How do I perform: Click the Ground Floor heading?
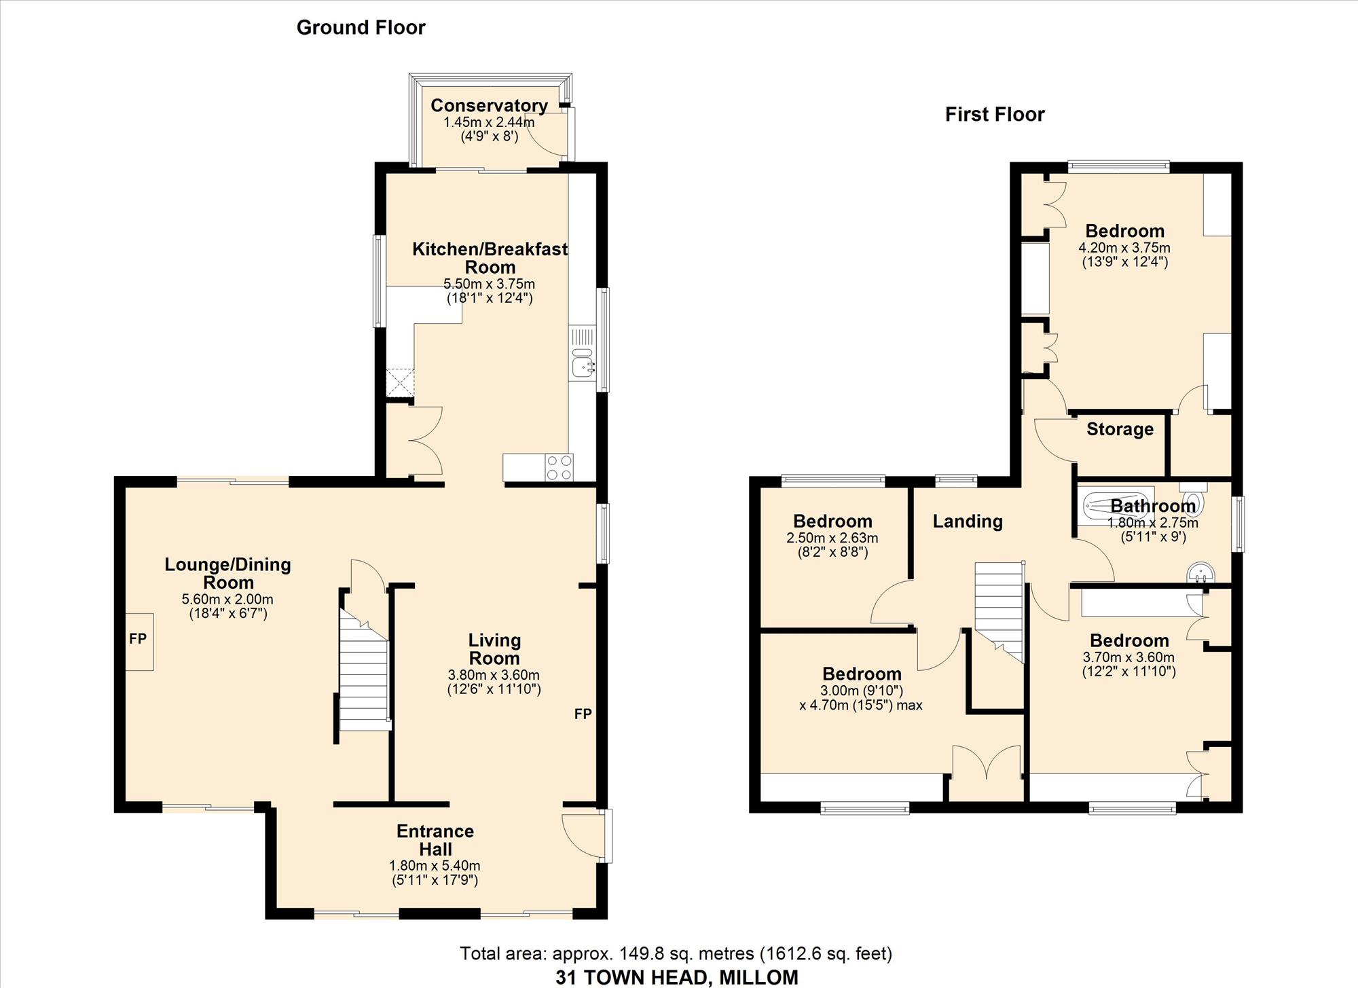pyautogui.click(x=361, y=28)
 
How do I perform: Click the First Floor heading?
pyautogui.click(x=995, y=114)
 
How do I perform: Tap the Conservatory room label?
pyautogui.click(x=489, y=105)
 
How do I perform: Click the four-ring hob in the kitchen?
pyautogui.click(x=559, y=467)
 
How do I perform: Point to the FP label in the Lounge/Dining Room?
pyautogui.click(x=138, y=639)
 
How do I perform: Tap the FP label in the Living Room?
pyautogui.click(x=583, y=714)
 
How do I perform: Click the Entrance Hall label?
pyautogui.click(x=435, y=840)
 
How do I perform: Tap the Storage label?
pyautogui.click(x=1120, y=429)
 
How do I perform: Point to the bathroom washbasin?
pyautogui.click(x=1200, y=574)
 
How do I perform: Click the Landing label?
pyautogui.click(x=968, y=522)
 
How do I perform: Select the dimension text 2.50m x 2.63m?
pyautogui.click(x=832, y=538)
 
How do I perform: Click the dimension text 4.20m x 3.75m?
pyautogui.click(x=1124, y=248)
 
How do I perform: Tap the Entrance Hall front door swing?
pyautogui.click(x=583, y=837)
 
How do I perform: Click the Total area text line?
pyautogui.click(x=676, y=954)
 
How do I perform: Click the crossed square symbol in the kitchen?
pyautogui.click(x=400, y=382)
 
